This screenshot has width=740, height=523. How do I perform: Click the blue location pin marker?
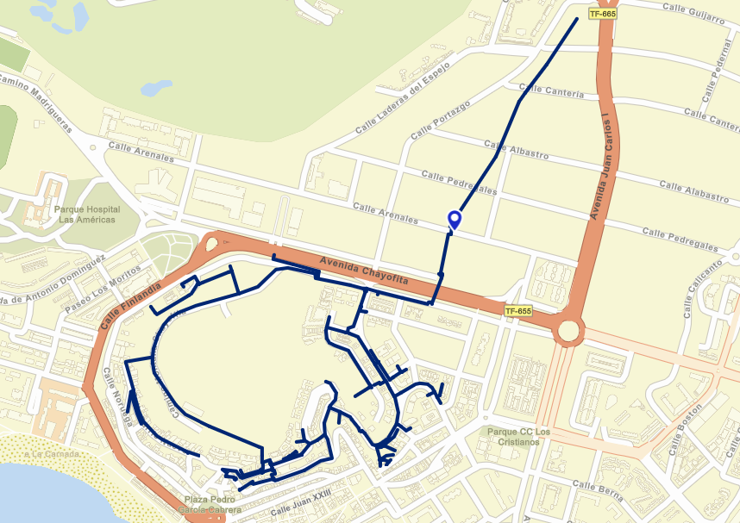[454, 221]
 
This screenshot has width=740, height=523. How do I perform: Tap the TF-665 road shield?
[602, 14]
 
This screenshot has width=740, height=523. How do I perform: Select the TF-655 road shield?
[517, 311]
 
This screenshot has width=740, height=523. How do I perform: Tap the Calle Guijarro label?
[693, 13]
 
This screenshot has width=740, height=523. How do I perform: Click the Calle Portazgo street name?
[441, 120]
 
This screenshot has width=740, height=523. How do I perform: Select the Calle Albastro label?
[517, 149]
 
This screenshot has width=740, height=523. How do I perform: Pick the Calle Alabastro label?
[693, 191]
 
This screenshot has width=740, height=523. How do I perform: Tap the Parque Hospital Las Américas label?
[87, 214]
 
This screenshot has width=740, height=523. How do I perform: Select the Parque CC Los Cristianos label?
[518, 436]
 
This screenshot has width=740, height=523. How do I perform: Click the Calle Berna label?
[598, 490]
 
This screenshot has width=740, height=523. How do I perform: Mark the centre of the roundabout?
[568, 330]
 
